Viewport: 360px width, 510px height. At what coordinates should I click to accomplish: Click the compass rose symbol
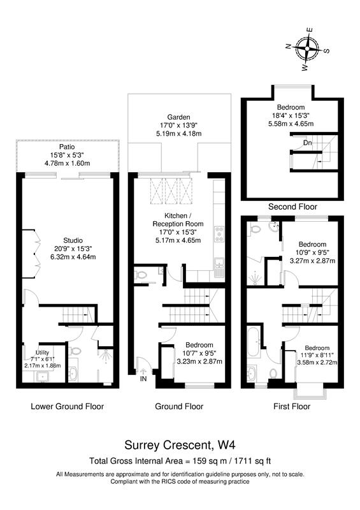307,49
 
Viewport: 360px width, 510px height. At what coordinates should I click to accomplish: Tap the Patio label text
67,147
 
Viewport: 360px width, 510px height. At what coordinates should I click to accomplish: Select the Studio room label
73,241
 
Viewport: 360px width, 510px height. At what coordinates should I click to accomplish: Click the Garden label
178,117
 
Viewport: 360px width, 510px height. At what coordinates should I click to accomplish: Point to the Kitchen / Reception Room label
178,220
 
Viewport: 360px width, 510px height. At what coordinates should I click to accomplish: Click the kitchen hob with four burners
219,234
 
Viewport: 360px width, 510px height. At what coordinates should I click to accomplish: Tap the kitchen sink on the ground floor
219,266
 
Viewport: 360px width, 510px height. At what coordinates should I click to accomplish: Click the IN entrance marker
143,379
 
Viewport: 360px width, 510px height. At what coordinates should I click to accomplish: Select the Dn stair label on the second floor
307,143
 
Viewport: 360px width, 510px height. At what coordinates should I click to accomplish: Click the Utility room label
42,353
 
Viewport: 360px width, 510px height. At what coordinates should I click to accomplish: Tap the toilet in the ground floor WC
140,275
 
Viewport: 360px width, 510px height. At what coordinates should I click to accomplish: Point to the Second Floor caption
292,207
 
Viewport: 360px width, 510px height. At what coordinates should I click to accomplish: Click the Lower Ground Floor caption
68,406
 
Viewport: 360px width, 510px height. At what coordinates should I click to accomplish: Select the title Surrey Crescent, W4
180,444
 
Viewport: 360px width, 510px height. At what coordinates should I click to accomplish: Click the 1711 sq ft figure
251,461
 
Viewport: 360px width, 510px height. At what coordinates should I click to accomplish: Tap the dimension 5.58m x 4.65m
291,124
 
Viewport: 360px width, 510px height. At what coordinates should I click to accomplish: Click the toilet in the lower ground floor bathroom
75,352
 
